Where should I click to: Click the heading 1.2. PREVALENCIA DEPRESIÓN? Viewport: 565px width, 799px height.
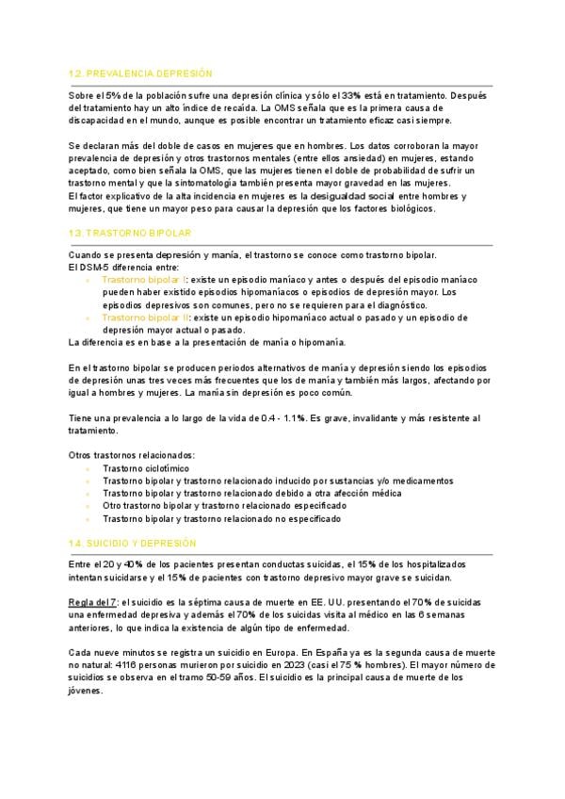140,73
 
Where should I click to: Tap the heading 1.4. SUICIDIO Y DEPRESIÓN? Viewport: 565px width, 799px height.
133,544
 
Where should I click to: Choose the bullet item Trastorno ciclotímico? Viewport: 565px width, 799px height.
146,468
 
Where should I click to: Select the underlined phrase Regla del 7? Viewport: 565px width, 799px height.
92,601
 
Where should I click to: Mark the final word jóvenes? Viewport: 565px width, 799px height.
87,691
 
